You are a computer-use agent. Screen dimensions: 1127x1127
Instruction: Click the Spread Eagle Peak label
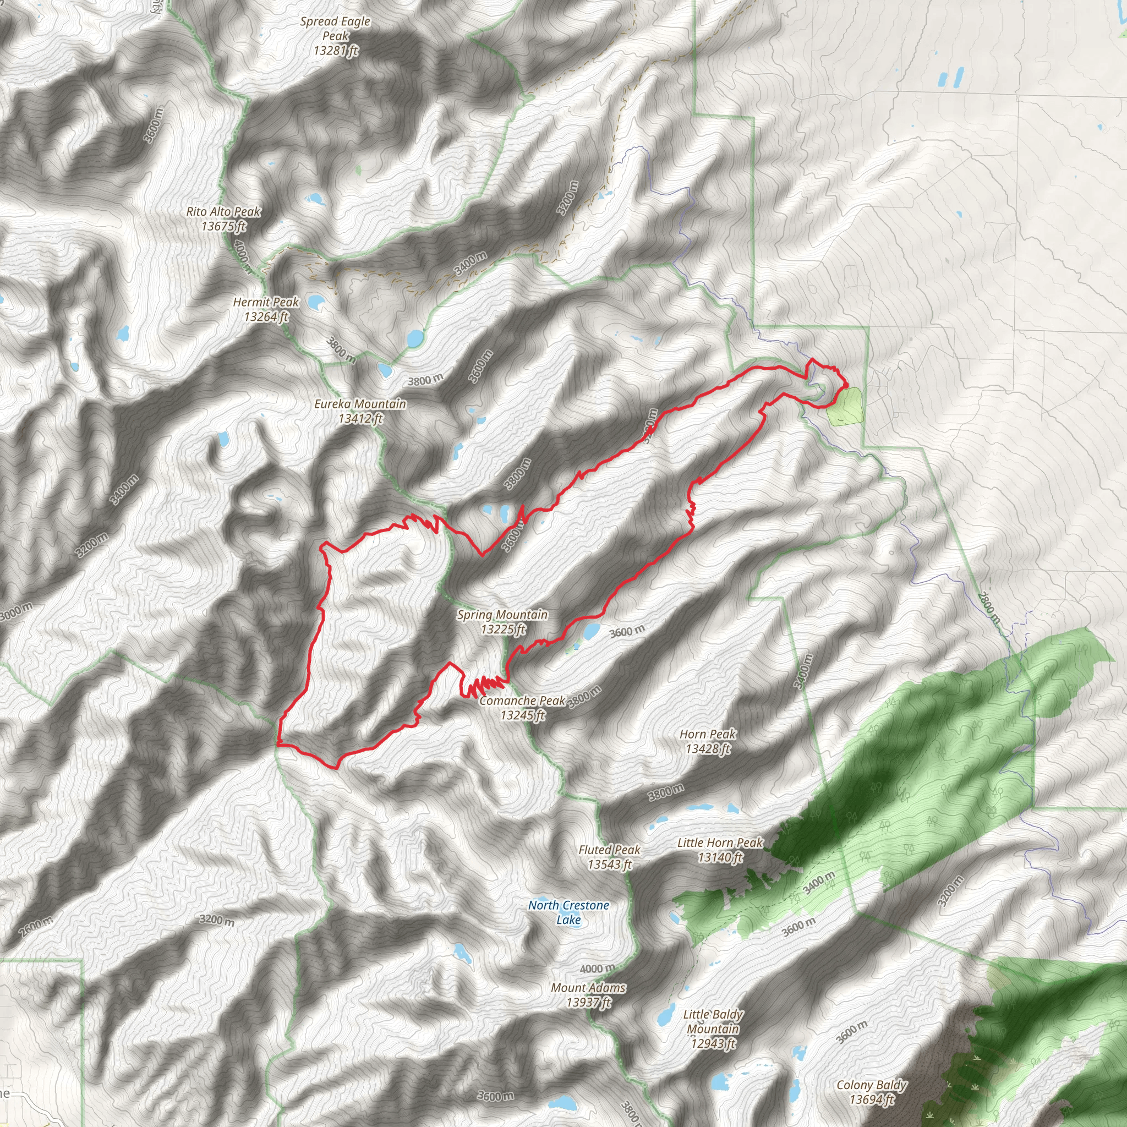(x=336, y=36)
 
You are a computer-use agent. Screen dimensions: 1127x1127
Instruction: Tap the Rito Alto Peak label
(x=223, y=219)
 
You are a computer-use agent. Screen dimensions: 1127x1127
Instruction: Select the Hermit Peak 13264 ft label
(x=266, y=309)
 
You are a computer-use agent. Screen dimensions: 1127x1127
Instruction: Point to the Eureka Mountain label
(x=360, y=411)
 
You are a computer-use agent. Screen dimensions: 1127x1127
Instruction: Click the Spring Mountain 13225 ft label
(x=502, y=621)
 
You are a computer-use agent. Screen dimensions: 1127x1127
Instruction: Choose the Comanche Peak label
(x=523, y=708)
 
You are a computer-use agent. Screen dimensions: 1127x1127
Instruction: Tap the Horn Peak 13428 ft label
(x=708, y=741)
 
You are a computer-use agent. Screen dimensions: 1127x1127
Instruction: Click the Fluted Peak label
(x=610, y=857)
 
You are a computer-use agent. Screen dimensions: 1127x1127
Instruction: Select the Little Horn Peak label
(x=720, y=849)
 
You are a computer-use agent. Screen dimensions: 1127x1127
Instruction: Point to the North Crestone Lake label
(x=569, y=912)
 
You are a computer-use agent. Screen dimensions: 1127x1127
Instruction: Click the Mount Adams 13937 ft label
(x=589, y=994)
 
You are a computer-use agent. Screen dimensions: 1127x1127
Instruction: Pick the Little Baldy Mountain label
(x=713, y=1029)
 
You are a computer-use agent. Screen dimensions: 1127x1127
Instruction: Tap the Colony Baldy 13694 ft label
(x=872, y=1092)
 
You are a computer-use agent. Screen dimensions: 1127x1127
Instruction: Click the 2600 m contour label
(x=36, y=925)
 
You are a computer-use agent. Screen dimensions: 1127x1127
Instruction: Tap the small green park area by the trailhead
(x=845, y=407)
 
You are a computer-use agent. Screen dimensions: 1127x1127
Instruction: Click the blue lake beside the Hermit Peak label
(x=315, y=302)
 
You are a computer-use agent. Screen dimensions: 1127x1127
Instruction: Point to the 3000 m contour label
(x=17, y=612)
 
